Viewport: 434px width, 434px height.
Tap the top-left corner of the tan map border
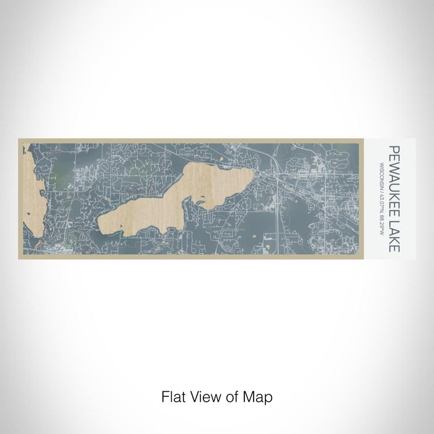pos(19,139)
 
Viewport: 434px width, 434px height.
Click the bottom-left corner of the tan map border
pos(19,259)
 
